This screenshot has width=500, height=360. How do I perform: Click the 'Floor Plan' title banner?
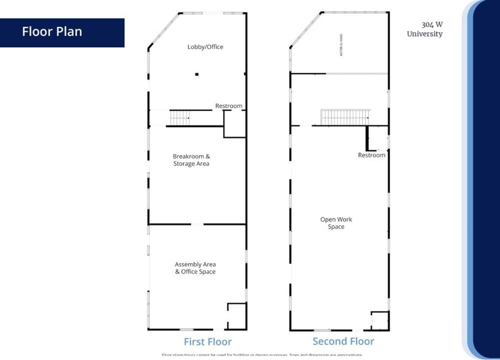pos(62,32)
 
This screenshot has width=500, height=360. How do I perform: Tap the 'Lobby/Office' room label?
pos(205,47)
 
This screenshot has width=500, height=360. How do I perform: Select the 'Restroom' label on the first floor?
pos(229,106)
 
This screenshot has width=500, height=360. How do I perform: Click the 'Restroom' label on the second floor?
pos(371,155)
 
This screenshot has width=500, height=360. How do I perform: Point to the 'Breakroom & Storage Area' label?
pos(191,160)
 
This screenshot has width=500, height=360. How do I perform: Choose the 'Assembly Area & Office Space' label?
pos(195,268)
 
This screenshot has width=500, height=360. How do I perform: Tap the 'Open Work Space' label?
pos(336,223)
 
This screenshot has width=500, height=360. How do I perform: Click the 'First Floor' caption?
pos(208,342)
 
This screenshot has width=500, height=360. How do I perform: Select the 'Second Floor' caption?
pos(343,341)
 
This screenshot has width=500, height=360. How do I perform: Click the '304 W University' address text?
pos(425,29)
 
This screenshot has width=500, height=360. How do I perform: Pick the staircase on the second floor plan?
pos(345,116)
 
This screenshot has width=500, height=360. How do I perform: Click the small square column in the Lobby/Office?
pos(197,75)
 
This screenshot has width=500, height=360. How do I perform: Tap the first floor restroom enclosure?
pos(234,124)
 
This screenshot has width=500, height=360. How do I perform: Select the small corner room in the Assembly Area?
pos(237,316)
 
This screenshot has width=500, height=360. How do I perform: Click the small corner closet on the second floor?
pos(379,321)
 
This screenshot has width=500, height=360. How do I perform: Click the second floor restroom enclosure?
pos(377,139)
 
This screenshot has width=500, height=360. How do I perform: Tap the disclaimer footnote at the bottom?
pos(262,355)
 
